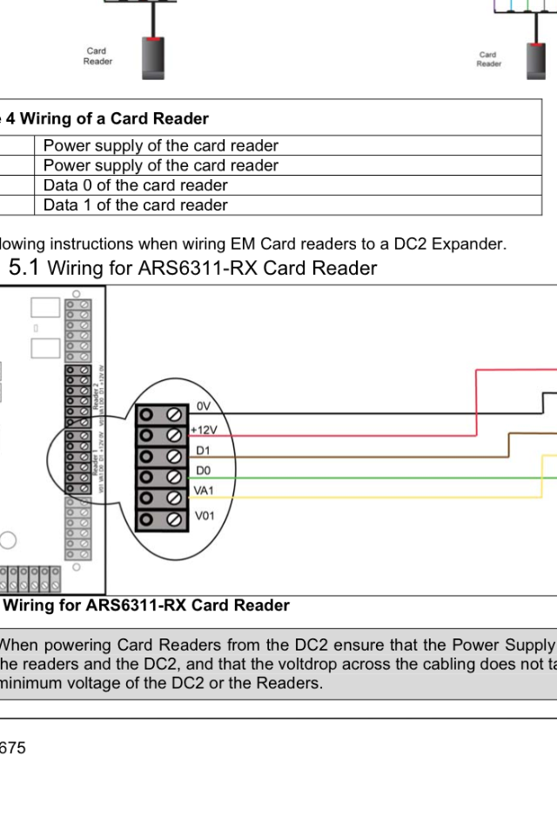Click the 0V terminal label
204,406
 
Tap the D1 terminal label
202,451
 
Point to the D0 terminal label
202,471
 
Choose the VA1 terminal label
204,491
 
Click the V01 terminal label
204,516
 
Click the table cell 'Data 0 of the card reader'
136,185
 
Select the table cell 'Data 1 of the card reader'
136,205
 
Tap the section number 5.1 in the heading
23,268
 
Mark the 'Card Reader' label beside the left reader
97,57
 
